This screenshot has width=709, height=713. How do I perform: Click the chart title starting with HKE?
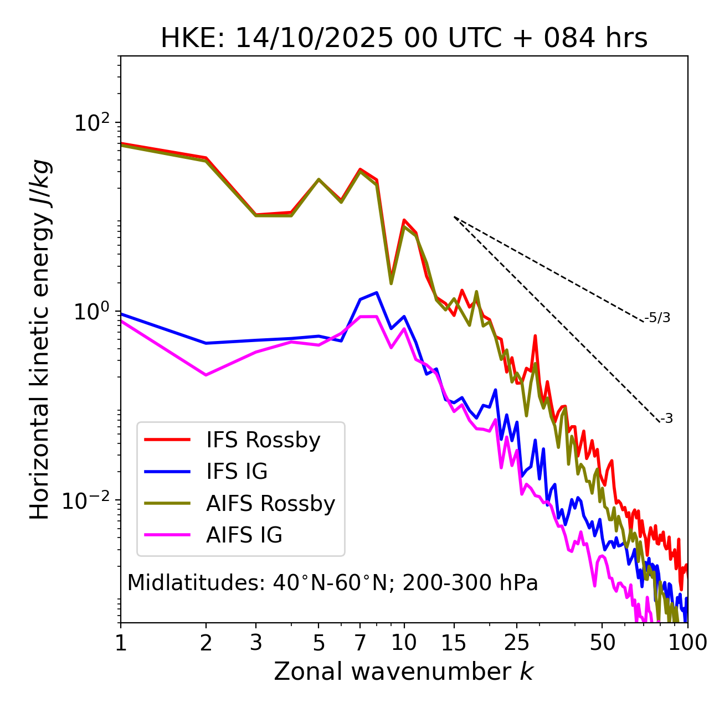tap(404, 38)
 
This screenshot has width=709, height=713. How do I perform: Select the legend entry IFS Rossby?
tap(263, 440)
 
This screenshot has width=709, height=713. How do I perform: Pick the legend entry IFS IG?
tap(237, 472)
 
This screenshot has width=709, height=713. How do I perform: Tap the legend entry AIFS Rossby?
tap(270, 504)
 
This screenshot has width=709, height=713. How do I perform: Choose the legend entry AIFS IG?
tap(244, 535)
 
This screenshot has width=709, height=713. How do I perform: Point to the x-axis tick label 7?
tap(360, 643)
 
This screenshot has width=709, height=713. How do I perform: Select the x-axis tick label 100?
tap(687, 643)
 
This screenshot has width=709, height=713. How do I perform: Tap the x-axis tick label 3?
tap(256, 643)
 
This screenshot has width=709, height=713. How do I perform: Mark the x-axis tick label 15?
tap(454, 643)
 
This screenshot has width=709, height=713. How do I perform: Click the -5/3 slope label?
tap(657, 318)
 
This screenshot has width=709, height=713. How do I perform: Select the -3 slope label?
tap(666, 419)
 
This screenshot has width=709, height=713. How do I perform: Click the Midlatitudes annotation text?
tap(332, 583)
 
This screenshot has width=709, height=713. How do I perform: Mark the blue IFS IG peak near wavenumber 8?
tap(377, 292)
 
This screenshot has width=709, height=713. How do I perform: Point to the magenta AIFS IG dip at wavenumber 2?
tap(206, 375)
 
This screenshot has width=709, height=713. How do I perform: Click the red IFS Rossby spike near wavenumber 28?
tap(535, 335)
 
